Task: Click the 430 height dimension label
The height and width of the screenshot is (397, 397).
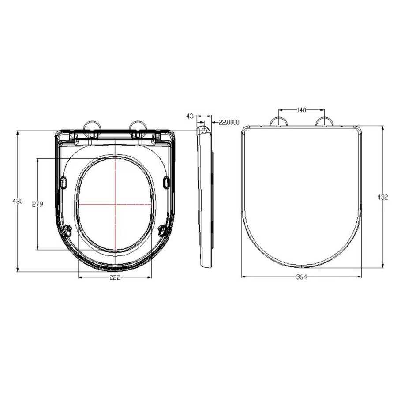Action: pos(18,201)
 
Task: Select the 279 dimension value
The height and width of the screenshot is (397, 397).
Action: pos(37,204)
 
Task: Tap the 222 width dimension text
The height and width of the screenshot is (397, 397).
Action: pos(115,277)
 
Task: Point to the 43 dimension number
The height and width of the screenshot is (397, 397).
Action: pos(190,116)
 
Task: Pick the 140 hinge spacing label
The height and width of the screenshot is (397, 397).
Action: pos(301,110)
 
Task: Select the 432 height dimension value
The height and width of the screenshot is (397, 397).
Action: pos(382,197)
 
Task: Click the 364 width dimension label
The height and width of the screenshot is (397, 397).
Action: pos(302,277)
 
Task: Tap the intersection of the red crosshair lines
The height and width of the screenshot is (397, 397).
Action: pos(115,204)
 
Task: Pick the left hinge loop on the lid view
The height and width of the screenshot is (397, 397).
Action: pos(279,122)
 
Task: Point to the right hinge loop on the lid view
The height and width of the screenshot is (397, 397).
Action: pos(324,122)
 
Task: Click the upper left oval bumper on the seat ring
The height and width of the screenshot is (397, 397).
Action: pos(63,182)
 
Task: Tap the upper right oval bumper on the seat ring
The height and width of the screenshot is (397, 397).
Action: pos(166,182)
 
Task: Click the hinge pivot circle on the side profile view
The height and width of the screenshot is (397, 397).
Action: pos(203,130)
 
